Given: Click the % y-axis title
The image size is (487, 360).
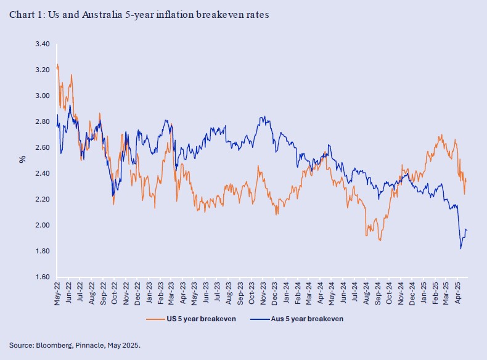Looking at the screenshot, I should [x=22, y=159].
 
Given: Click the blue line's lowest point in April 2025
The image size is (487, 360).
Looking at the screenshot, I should [x=460, y=249].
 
